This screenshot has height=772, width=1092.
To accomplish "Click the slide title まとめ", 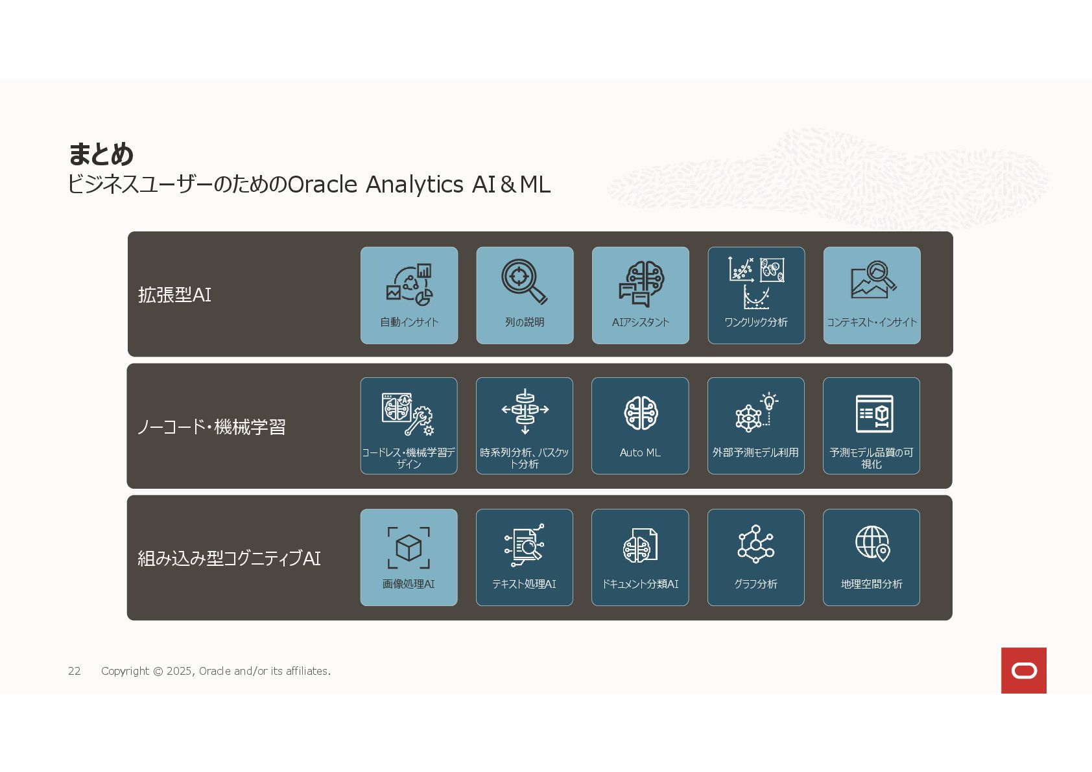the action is click(x=101, y=154).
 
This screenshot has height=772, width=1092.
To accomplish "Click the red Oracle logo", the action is click(x=1023, y=670).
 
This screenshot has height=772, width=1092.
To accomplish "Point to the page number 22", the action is click(x=75, y=671).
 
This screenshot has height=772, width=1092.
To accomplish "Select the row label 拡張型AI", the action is click(x=174, y=295).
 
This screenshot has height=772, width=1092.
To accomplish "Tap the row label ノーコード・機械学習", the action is click(x=211, y=427).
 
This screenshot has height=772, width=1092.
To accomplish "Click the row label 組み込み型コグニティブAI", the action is click(x=229, y=558).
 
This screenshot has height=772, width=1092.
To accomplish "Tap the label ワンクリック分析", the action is click(x=755, y=322).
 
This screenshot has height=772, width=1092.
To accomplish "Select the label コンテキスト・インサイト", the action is click(x=872, y=322).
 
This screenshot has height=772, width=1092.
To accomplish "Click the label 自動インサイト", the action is click(x=409, y=322).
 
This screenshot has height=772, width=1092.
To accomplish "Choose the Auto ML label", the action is click(x=640, y=452).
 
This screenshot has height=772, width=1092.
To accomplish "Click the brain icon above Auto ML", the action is click(x=641, y=413).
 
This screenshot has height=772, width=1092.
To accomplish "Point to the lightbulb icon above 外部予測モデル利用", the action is click(x=769, y=402).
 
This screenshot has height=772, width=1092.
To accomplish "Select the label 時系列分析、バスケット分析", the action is click(x=524, y=458).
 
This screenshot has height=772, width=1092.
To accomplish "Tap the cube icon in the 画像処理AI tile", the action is click(x=409, y=548).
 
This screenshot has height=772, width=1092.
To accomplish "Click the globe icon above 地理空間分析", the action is click(x=872, y=543).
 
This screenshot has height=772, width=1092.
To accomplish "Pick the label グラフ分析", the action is click(x=755, y=584).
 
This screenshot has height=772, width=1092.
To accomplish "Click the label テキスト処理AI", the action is click(x=524, y=584).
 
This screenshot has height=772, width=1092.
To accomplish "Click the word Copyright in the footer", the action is click(x=125, y=671).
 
